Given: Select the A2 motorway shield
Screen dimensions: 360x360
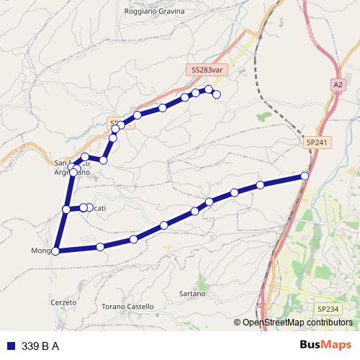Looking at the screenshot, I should [x=338, y=84].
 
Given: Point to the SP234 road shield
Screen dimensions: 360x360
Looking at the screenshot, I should [x=328, y=309].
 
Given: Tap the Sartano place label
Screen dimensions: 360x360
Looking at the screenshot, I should [x=192, y=294].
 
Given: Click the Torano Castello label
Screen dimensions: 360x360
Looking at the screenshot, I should [x=129, y=306].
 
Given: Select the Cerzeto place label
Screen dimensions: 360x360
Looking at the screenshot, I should [x=64, y=302].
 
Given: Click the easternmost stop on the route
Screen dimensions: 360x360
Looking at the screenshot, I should [x=305, y=176].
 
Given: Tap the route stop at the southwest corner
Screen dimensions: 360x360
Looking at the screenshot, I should [x=55, y=251].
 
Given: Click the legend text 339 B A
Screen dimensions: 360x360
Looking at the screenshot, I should [x=40, y=346].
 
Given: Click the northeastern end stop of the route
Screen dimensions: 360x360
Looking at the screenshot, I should [x=216, y=94].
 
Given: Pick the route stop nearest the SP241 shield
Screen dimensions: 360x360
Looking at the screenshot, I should [x=305, y=176].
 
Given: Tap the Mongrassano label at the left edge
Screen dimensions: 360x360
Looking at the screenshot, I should [x=42, y=251].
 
